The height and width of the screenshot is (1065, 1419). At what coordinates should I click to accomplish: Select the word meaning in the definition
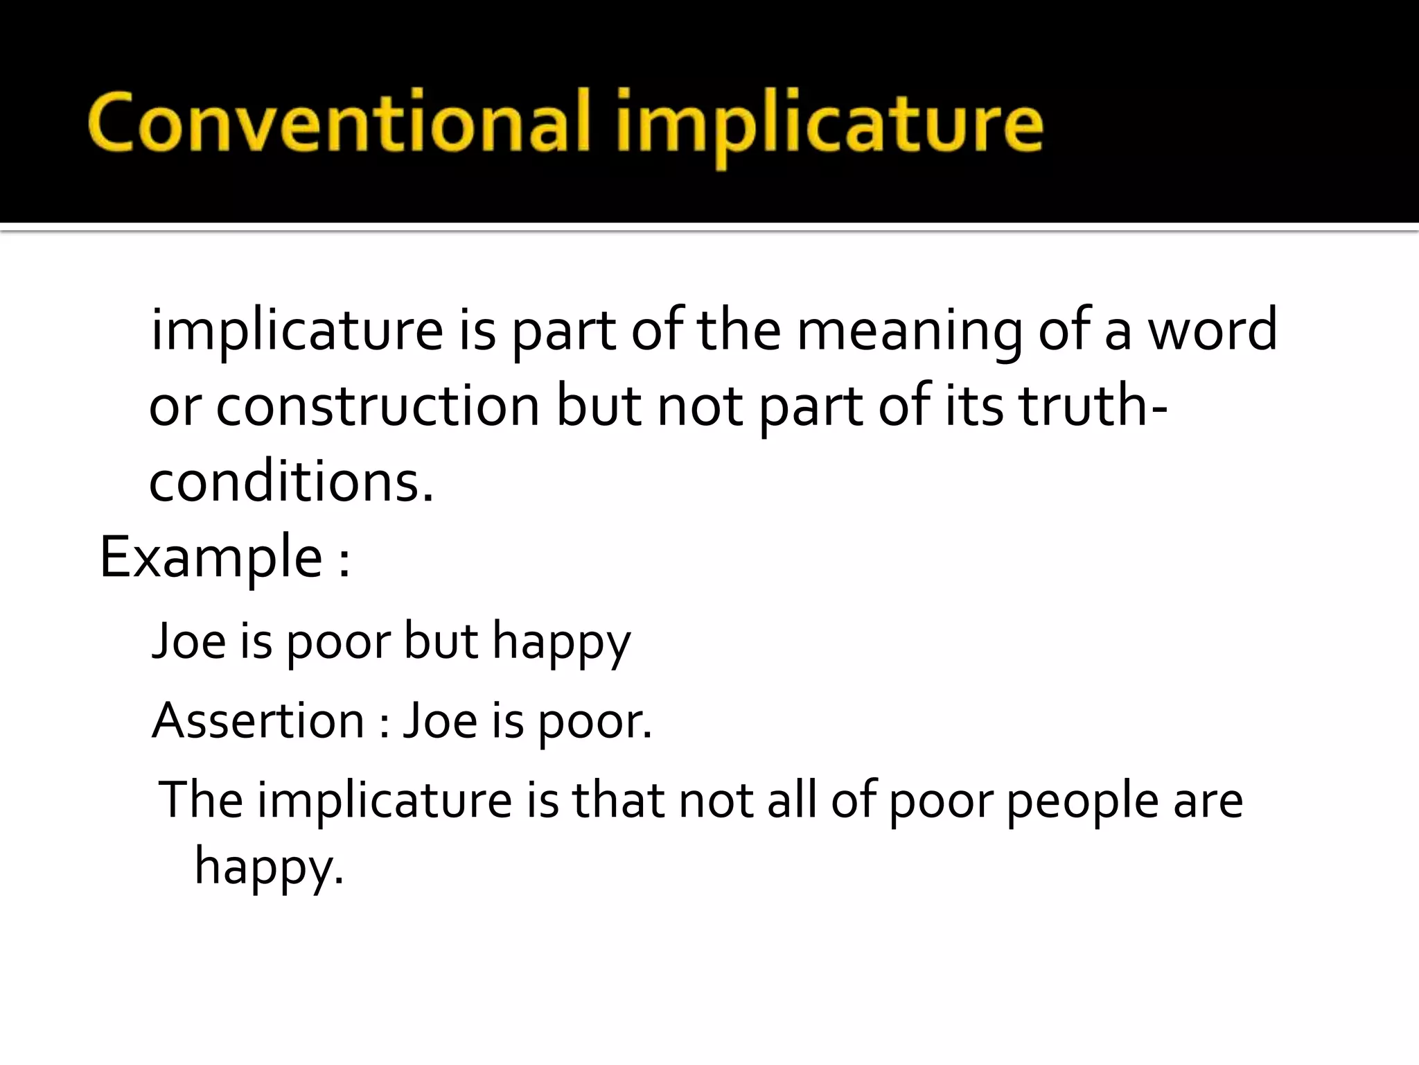click(908, 331)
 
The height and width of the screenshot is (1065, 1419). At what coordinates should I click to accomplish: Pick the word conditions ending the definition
click(291, 483)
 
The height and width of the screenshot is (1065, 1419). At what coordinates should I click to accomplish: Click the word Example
click(211, 559)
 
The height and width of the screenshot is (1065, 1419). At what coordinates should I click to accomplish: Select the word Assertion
click(258, 721)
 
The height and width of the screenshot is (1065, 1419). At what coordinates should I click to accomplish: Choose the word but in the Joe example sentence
click(441, 641)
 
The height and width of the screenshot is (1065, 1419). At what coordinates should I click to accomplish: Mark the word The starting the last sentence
click(201, 800)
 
